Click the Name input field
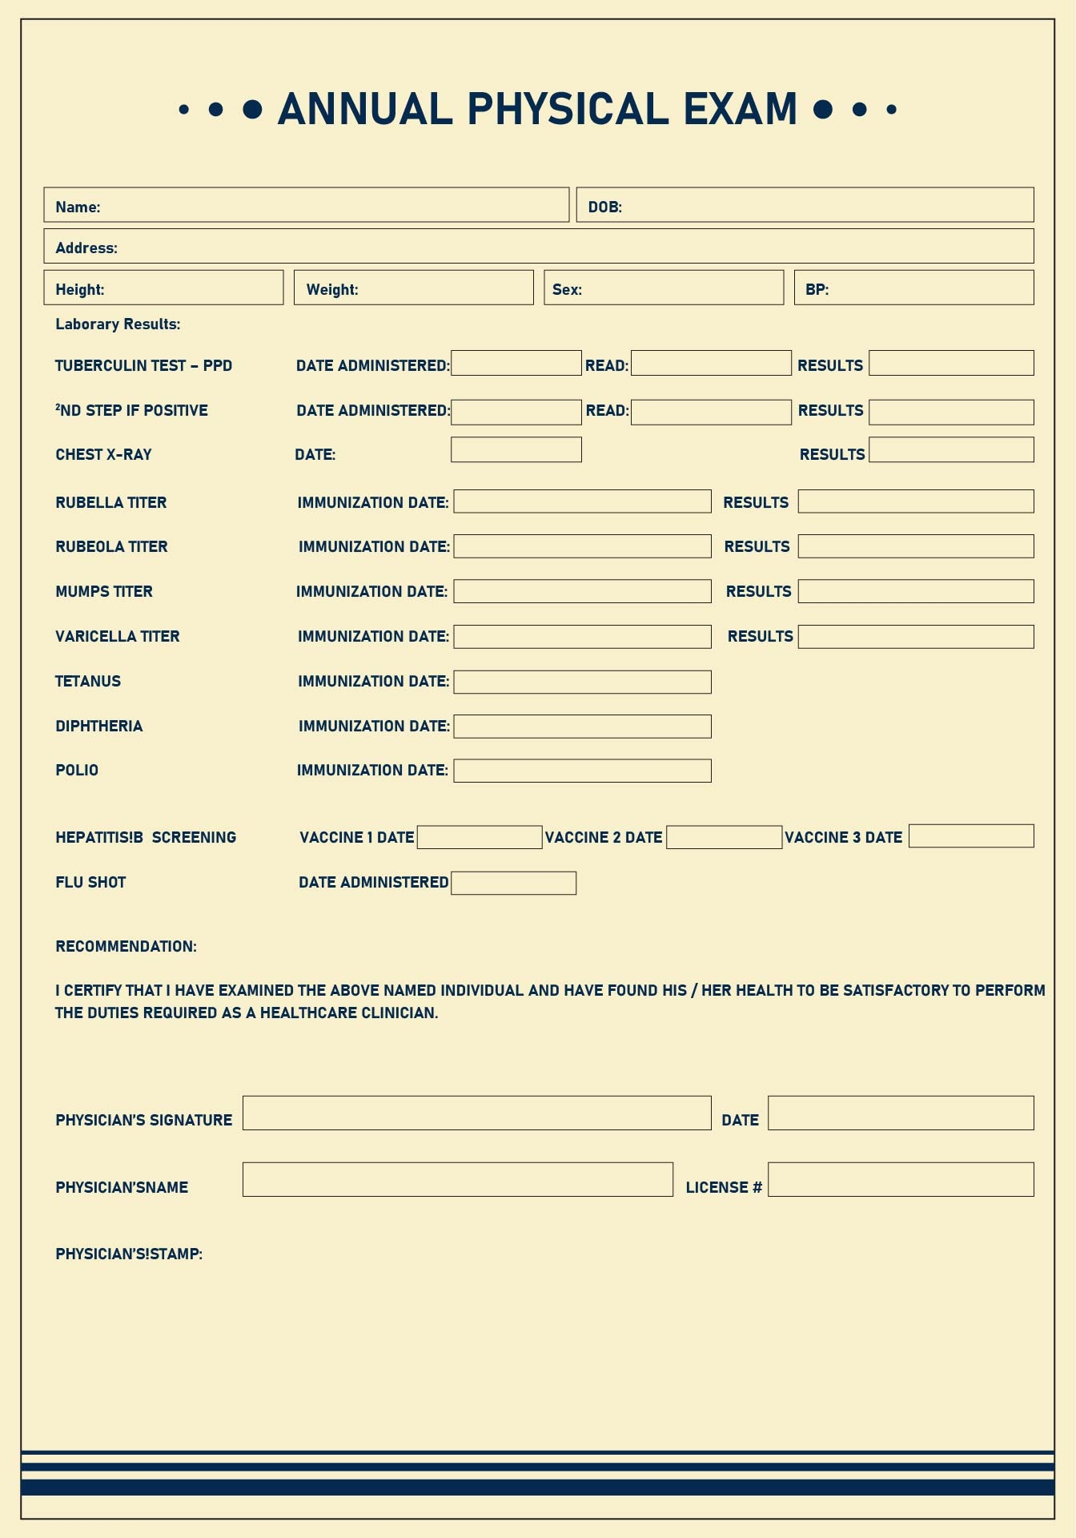(x=332, y=205)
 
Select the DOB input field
(x=825, y=205)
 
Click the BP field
(x=929, y=288)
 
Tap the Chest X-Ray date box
(x=516, y=449)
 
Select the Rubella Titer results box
(x=916, y=501)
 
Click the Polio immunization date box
(x=582, y=771)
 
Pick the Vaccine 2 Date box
(x=724, y=837)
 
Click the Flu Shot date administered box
(x=513, y=883)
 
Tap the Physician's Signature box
(x=476, y=1113)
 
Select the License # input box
(x=901, y=1179)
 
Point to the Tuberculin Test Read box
(x=711, y=363)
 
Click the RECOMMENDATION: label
(x=126, y=946)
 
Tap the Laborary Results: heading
(x=118, y=324)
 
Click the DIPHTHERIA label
(x=98, y=726)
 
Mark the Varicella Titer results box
(x=916, y=637)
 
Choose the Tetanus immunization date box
(x=582, y=682)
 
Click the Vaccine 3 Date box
(x=971, y=835)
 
